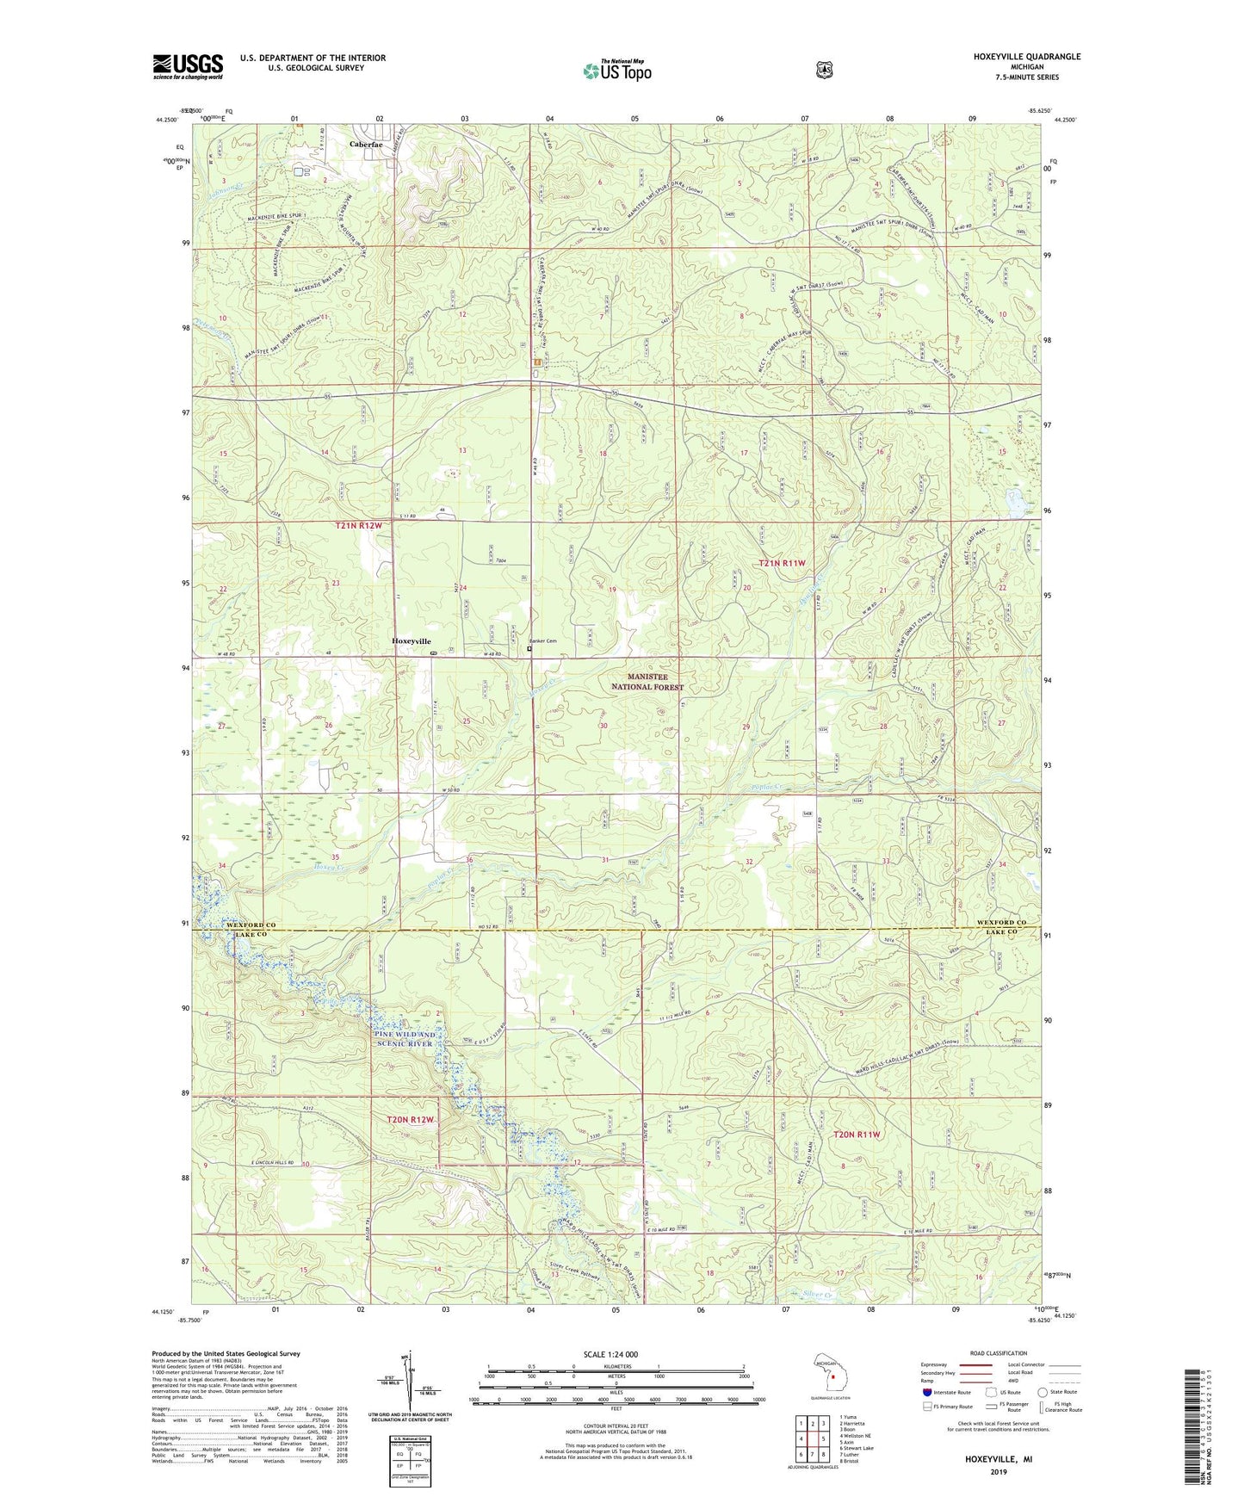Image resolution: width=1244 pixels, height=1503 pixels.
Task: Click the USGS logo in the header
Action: [188, 66]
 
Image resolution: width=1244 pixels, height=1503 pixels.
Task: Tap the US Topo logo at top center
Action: [616, 70]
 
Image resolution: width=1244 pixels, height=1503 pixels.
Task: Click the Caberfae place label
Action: [366, 145]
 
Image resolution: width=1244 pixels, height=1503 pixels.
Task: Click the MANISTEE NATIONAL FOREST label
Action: [647, 683]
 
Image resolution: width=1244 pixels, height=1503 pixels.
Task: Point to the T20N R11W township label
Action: [857, 1135]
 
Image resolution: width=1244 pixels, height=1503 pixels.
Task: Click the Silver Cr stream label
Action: [817, 1294]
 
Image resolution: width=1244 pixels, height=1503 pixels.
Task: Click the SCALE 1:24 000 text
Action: [610, 1354]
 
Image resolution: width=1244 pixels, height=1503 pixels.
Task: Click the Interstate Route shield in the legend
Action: [926, 1391]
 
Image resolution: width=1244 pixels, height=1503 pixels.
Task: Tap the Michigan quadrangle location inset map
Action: [831, 1377]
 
